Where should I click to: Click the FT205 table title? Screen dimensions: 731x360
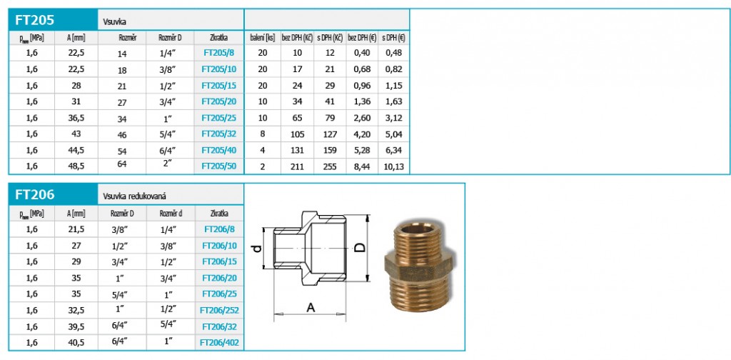34,20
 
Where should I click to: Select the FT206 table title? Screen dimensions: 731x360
34,194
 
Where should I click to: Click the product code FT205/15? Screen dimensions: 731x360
219,85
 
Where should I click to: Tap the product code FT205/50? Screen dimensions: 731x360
219,166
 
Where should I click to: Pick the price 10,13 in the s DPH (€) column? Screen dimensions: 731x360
394,166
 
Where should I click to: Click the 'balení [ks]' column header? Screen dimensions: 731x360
263,37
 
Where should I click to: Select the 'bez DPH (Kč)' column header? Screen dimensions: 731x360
297,37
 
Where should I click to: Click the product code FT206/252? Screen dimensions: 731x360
219,309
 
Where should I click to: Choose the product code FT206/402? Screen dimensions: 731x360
219,343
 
